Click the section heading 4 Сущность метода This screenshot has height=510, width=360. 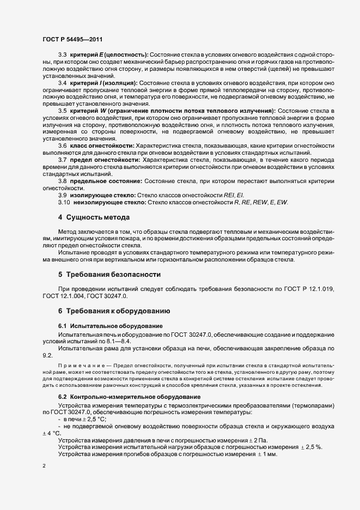(x=94, y=217)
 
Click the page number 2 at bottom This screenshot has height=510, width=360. (x=44, y=466)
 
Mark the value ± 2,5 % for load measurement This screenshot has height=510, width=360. (x=312, y=447)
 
